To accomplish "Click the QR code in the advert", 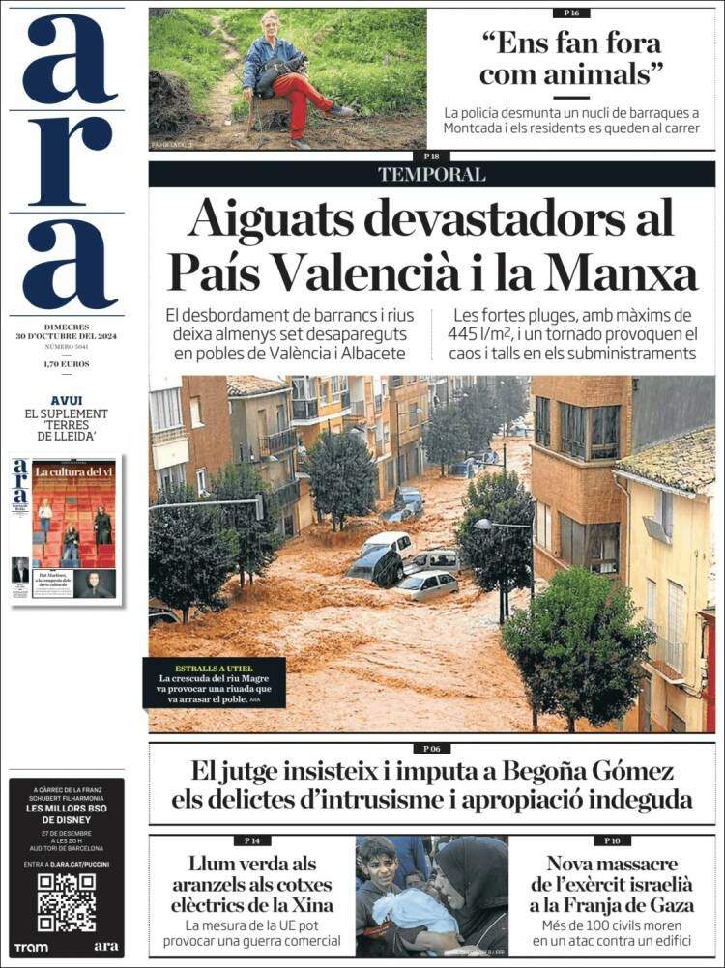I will coord(66,900).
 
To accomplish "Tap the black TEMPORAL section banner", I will coord(431,175).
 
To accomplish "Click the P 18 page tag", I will coord(431,156).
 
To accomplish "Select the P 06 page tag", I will coord(431,748).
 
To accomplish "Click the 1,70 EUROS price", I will coord(66,364).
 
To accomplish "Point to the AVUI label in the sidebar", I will coord(66,400).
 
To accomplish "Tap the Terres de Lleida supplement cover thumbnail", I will coord(66,529).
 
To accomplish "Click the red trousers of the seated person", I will coord(295,97).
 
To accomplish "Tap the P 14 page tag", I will coord(252,840).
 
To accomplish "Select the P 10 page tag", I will coord(611,840).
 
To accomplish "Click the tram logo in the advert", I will coord(31,946).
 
